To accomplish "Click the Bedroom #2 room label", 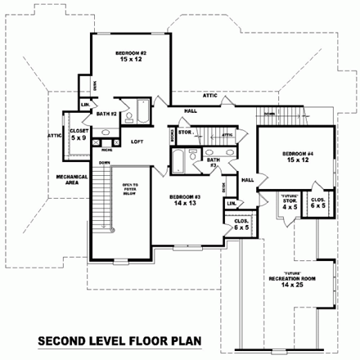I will pos(131,57).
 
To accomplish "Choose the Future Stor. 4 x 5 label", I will pos(289,202).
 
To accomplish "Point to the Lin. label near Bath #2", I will pos(85,105).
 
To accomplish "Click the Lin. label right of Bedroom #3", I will pos(231,202).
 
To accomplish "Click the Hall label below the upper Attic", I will pos(190,110).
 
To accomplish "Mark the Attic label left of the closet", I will pos(55,136).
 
